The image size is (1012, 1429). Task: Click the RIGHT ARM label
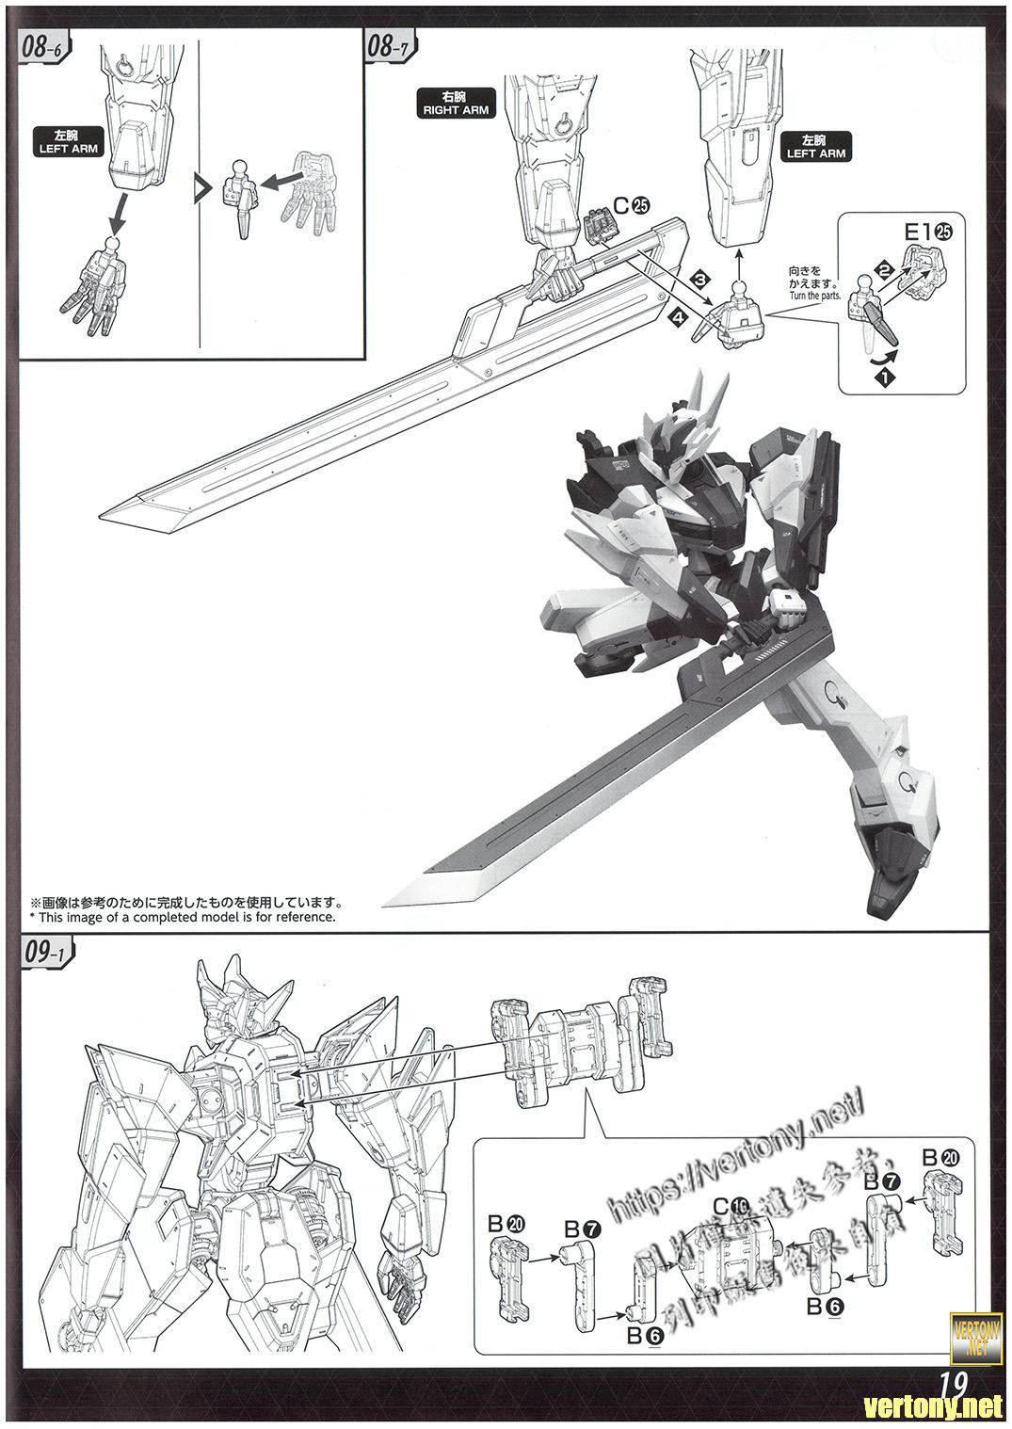[x=455, y=104]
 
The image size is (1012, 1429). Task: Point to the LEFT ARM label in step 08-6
[x=68, y=142]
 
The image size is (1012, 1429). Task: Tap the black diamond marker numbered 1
[x=885, y=376]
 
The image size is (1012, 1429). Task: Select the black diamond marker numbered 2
[x=883, y=269]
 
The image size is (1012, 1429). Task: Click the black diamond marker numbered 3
[x=699, y=280]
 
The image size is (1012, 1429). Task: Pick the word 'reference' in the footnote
[x=302, y=916]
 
